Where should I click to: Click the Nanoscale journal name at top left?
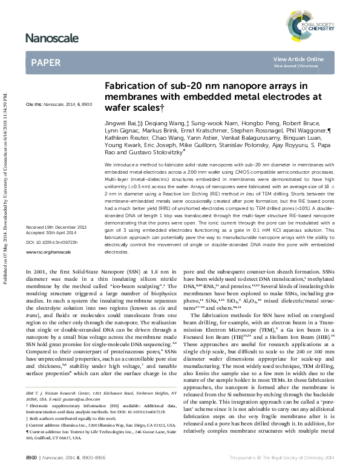(53, 39)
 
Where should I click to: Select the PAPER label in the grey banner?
(45, 62)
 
